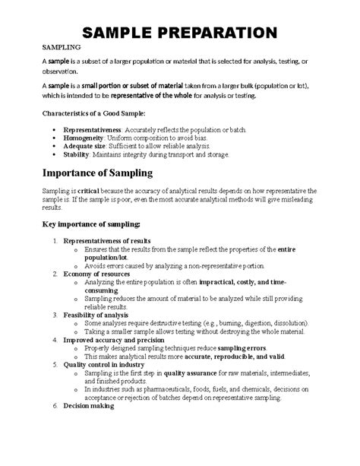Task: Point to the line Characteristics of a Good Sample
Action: (93, 113)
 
